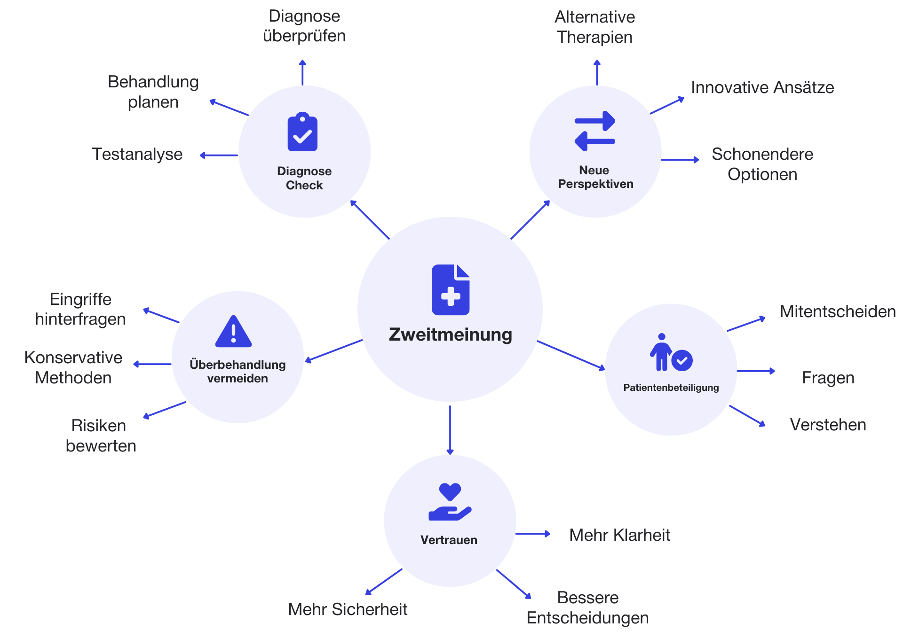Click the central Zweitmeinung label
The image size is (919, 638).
[x=450, y=335]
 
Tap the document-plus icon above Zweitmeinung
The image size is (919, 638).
[x=450, y=290]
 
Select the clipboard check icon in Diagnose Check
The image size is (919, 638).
[x=302, y=132]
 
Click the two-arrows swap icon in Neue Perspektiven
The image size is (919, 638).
[x=595, y=131]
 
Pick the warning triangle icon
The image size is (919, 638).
[x=233, y=332]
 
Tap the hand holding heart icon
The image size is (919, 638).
[x=450, y=502]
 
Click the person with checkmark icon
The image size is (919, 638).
[x=671, y=352]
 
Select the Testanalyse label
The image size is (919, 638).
[x=137, y=154]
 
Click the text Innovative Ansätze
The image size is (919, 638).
[x=762, y=87]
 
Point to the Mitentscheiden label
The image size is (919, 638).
[x=837, y=311]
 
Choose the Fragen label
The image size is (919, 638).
[x=828, y=378]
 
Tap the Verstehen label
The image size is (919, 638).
[x=828, y=425]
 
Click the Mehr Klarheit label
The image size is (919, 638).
[x=619, y=535]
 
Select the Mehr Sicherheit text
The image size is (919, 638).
[x=348, y=609]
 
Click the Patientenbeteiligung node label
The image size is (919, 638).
[x=671, y=388]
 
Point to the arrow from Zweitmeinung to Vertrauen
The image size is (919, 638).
[x=450, y=429]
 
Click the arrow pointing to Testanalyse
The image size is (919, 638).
[x=219, y=155]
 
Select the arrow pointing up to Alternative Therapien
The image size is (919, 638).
[x=597, y=72]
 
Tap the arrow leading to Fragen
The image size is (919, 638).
[x=755, y=371]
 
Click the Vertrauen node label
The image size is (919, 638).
[x=449, y=540]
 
